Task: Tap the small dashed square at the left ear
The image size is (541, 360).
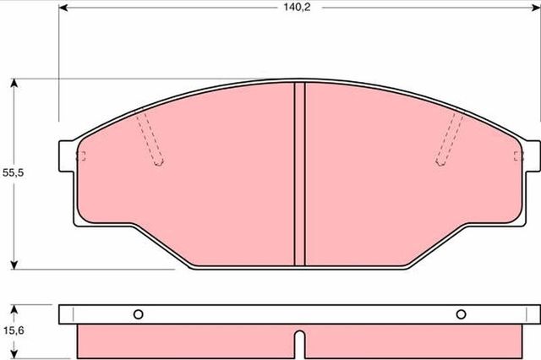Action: (82, 155)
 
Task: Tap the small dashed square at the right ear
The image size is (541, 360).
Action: (517, 155)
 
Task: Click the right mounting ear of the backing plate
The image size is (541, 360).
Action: (530, 155)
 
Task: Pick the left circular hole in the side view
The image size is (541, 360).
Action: (138, 314)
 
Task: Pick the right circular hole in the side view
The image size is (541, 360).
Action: (461, 314)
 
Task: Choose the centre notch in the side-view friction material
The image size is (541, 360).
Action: (298, 341)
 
